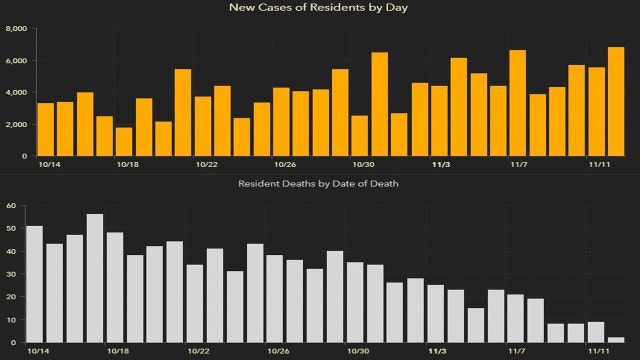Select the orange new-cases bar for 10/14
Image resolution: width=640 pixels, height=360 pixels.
45,129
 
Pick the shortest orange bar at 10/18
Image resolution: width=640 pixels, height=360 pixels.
124,141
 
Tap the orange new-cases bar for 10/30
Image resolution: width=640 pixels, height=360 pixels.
360,135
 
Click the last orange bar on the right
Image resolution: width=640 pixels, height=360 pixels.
616,101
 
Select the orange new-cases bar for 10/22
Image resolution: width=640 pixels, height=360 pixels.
203,126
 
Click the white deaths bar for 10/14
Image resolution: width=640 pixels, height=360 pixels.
35,284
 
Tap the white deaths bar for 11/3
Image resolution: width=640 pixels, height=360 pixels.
436,314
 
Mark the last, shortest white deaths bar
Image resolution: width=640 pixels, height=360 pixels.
616,340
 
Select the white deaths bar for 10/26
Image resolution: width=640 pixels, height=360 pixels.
275,299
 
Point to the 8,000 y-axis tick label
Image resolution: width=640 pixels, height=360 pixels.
15,28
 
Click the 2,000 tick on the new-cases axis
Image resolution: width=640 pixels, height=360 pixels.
15,124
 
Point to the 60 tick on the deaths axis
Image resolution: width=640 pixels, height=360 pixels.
10,205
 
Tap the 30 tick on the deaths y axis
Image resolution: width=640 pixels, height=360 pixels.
10,274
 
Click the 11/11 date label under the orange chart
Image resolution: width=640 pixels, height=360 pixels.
597,164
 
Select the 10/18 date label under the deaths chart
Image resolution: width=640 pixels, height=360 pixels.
117,352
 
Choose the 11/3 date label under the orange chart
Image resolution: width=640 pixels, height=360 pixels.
440,164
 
